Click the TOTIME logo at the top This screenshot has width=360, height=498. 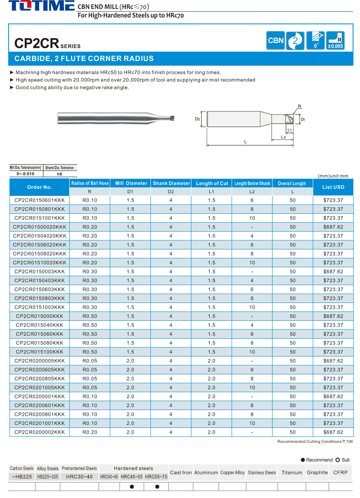41,6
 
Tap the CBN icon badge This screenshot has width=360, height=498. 276,41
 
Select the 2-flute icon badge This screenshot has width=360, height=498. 295,41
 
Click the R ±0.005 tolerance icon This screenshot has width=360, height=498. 335,41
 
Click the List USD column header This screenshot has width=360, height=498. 333,187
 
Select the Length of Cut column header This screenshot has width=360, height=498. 212,183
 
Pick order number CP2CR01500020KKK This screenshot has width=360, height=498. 39,227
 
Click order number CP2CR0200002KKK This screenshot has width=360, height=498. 39,432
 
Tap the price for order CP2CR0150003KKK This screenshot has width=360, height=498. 333,271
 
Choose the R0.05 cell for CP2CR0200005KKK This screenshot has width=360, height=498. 90,361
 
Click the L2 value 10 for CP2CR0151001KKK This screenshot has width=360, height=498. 252,218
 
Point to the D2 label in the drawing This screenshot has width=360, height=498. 197,119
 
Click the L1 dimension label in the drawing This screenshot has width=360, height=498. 290,130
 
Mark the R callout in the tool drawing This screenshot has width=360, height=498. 299,107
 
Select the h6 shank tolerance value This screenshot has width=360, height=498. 60,174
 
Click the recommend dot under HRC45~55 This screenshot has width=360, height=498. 132,486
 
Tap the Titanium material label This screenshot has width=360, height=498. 291,472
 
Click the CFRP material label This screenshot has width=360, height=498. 340,472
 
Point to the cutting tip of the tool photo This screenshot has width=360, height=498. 172,118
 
